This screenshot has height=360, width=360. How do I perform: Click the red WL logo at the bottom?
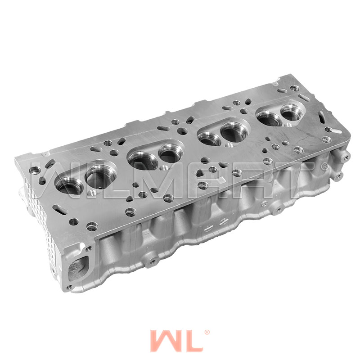tap(176, 341)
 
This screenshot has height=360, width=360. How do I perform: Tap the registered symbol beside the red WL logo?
tap(207, 332)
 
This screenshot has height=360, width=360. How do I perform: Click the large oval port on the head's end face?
tap(77, 268)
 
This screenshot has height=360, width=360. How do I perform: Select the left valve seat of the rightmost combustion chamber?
tap(269, 119)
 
